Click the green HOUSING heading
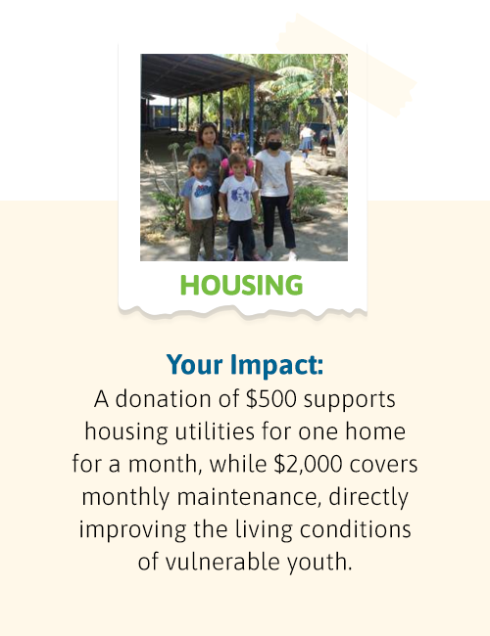coord(242,285)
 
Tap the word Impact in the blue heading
coord(276,364)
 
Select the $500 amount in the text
coord(271,399)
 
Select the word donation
coord(164,399)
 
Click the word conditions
coord(356,529)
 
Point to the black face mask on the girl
coord(274,146)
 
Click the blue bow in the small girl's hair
coord(238,137)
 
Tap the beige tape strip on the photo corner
coord(347,66)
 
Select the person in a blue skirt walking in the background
coord(306,142)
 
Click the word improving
coord(132,530)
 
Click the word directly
coord(368,498)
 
